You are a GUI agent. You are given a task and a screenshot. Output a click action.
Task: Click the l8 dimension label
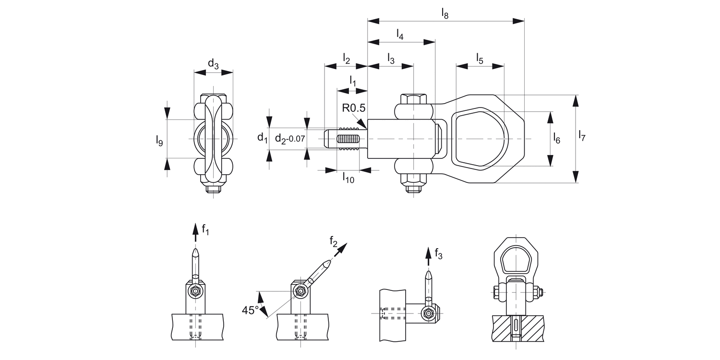tap(445, 14)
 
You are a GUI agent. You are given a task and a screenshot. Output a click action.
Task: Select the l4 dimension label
tap(400, 35)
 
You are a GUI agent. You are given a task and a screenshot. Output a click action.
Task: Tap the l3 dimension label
tap(390, 60)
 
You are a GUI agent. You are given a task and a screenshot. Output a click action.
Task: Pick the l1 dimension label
tap(353, 80)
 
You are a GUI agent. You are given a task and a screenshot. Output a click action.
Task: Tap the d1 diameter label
tap(262, 138)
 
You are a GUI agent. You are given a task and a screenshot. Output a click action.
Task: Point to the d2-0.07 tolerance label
tap(290, 139)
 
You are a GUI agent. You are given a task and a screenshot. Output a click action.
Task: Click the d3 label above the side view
tap(213, 63)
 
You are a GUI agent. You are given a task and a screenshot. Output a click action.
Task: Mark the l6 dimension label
tap(556, 139)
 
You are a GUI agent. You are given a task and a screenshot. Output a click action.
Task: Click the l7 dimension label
tap(582, 136)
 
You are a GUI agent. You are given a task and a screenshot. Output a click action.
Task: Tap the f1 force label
tap(205, 230)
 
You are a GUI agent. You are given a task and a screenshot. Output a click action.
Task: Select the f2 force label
tap(334, 241)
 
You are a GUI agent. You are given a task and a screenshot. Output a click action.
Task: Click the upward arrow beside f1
tap(195, 233)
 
